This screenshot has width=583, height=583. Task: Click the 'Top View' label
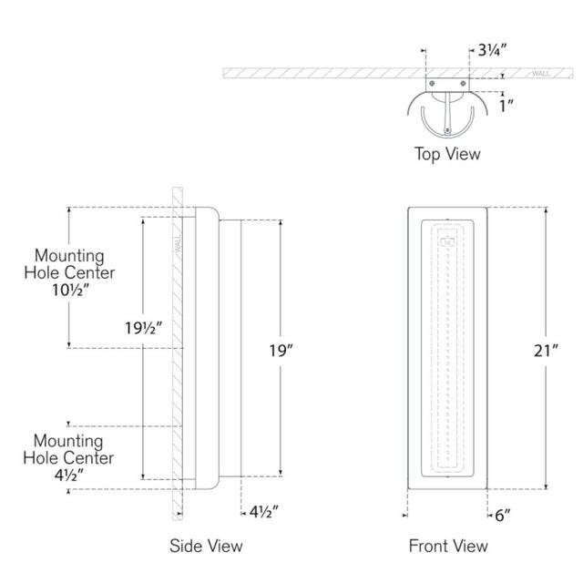click(x=447, y=154)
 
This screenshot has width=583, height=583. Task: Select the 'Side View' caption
click(x=207, y=546)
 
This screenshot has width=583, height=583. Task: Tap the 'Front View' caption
click(x=447, y=546)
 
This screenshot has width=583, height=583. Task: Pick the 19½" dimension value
click(x=144, y=327)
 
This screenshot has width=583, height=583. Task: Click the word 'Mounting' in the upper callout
click(x=69, y=256)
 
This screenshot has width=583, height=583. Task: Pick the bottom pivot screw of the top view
click(x=447, y=129)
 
